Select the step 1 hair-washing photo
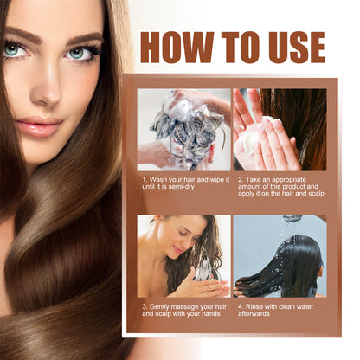183,129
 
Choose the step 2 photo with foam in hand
280,129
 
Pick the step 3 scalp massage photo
183,256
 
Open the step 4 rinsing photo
280,256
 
